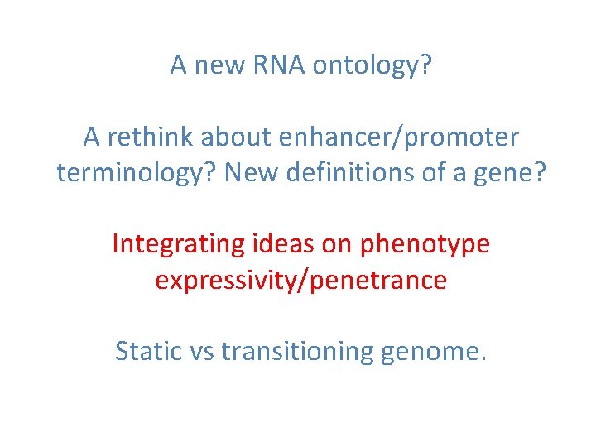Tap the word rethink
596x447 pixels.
pos(147,137)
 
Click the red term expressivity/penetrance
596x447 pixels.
pos(300,281)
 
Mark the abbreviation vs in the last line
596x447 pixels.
pos(204,352)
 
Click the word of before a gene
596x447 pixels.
pos(418,172)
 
